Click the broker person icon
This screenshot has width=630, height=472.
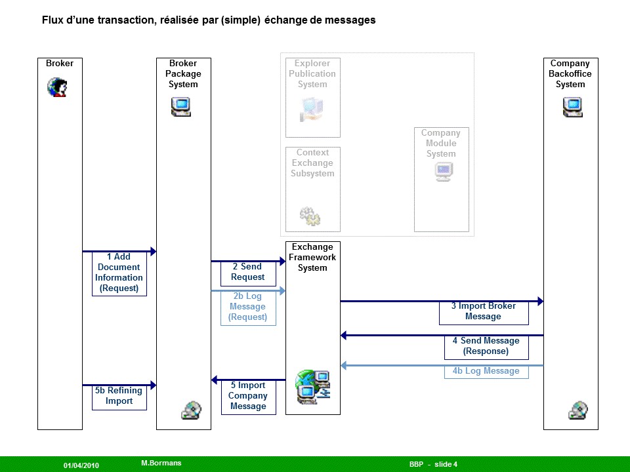click(x=57, y=87)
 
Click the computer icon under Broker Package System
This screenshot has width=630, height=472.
click(x=180, y=107)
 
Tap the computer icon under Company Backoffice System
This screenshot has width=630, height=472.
click(x=572, y=107)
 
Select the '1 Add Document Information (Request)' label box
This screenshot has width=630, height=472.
click(x=119, y=273)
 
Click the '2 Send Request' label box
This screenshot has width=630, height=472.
click(x=247, y=272)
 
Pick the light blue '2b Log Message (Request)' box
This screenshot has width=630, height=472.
click(x=247, y=307)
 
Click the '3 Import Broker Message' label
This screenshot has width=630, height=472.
click(x=483, y=311)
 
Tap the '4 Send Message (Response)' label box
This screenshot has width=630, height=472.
click(x=486, y=346)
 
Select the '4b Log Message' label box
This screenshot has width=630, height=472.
click(x=486, y=371)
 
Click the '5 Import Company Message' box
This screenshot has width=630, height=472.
click(x=248, y=396)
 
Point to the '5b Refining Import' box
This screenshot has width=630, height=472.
click(x=119, y=396)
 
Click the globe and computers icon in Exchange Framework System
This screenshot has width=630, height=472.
click(x=312, y=387)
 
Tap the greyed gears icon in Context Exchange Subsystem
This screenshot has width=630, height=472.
click(x=310, y=216)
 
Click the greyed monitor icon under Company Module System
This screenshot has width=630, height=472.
click(x=444, y=172)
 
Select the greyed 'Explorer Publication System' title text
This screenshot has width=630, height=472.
click(x=312, y=74)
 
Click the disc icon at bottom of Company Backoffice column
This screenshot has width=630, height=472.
click(x=577, y=410)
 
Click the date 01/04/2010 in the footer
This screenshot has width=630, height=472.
click(x=81, y=465)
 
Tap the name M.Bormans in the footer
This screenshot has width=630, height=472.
click(x=161, y=463)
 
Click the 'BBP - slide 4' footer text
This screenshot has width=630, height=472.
click(x=433, y=464)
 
